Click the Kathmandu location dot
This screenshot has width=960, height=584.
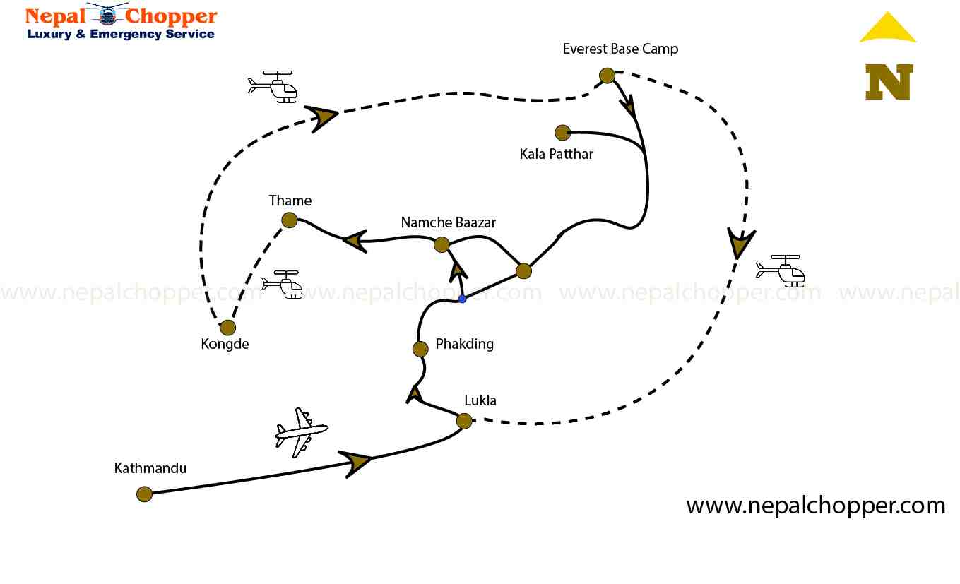coord(144,494)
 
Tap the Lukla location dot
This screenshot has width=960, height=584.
coord(464,421)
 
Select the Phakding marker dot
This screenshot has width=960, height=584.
coord(420,349)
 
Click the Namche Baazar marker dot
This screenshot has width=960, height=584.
coord(442,245)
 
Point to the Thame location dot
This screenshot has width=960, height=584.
coord(290,220)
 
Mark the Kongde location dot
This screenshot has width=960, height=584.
coord(227,327)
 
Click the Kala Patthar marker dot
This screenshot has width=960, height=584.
coord(562,133)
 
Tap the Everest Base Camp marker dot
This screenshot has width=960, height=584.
coord(607,76)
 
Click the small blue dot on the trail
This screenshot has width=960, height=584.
coord(462,299)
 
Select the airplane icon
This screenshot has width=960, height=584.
coord(302,431)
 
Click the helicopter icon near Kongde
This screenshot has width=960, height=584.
coord(283,283)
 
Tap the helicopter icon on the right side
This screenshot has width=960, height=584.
coord(781,270)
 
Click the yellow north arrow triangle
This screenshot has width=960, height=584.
coord(888,28)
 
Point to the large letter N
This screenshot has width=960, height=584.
coord(889,81)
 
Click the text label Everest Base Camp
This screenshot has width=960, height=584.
coord(620,49)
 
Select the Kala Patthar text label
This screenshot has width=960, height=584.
coord(557,154)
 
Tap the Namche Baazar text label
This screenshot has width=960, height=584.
coord(449,222)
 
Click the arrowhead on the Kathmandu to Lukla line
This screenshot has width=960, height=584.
coord(357,463)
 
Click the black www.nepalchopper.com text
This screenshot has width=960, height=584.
coord(816,506)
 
